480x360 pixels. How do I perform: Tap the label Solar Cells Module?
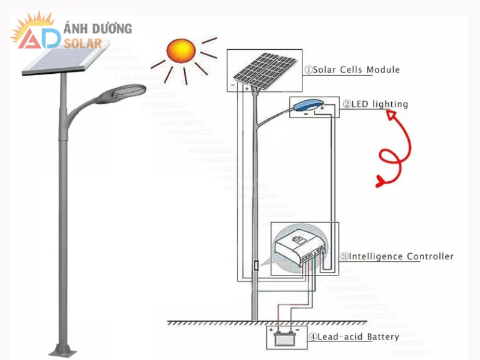pos(356,70)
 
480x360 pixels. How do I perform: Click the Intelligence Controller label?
pos(401,257)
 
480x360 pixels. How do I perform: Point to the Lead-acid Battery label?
pos(358,337)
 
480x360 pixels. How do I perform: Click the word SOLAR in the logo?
pos(86,43)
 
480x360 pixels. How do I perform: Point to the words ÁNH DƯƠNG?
pos(97,28)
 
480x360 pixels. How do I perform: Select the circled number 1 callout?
pos(308,70)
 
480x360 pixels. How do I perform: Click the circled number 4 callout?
pos(313,337)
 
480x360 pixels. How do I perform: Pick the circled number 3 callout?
pos(344,257)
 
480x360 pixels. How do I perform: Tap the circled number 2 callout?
pos(347,104)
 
